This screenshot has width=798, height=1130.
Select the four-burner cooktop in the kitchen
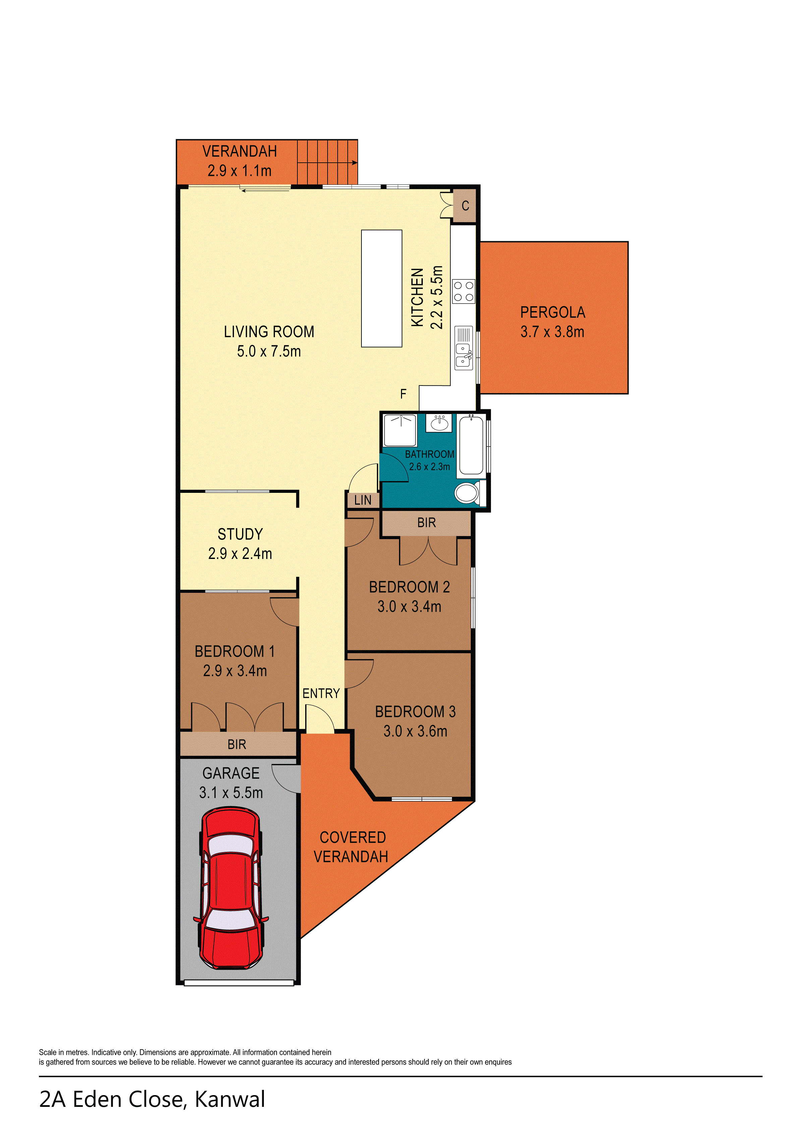tap(463, 291)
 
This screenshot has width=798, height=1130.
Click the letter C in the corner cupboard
tap(465, 206)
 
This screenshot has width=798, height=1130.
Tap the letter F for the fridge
tap(403, 394)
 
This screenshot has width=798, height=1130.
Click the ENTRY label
tap(321, 694)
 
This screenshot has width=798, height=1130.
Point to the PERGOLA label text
tap(553, 312)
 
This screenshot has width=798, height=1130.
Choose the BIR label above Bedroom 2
tap(426, 523)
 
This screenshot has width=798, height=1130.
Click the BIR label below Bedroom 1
tap(237, 744)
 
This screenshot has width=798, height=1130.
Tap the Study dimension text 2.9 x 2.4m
tap(240, 554)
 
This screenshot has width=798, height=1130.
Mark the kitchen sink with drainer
tap(463, 348)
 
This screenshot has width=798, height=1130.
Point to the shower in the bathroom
tap(400, 430)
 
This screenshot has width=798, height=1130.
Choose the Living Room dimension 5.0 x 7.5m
tap(269, 351)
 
